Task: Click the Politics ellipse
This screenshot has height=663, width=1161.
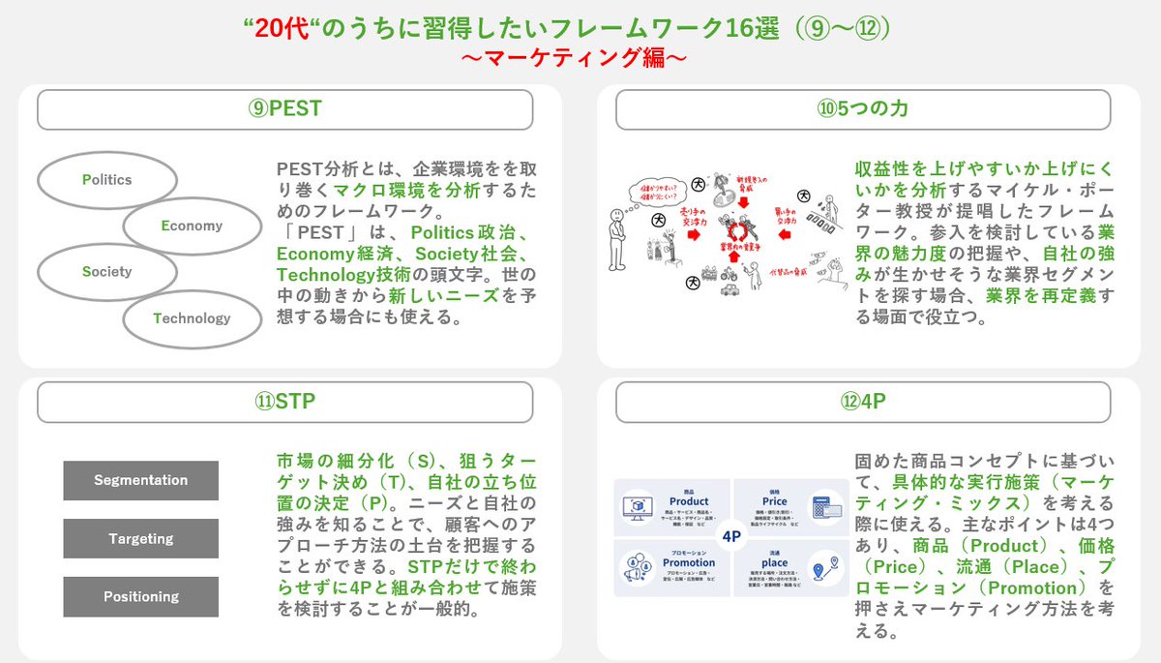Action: coord(106,180)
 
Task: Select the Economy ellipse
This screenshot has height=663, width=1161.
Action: coord(193,226)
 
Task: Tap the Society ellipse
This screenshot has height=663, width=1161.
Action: coord(106,272)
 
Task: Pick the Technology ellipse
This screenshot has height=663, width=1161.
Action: coord(193,317)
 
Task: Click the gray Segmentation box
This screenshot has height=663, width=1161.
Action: coord(141,480)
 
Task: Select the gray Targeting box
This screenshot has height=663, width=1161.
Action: coord(141,538)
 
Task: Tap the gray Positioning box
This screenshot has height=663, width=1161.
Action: coord(141,596)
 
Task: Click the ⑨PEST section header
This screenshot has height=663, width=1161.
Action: coord(284,109)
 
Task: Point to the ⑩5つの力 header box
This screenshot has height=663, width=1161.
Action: coord(863,109)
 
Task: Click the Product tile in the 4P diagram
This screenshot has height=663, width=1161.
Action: coord(672,505)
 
